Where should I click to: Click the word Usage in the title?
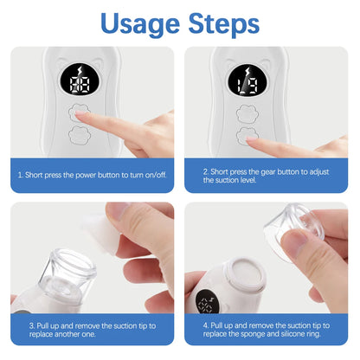pyautogui.click(x=138, y=22)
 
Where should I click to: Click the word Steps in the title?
pyautogui.click(x=228, y=22)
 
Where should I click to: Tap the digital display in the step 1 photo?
pyautogui.click(x=83, y=83)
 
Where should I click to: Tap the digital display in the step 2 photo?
pyautogui.click(x=247, y=83)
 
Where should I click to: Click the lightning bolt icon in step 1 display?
pyautogui.click(x=83, y=71)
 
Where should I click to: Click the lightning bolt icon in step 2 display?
pyautogui.click(x=247, y=71)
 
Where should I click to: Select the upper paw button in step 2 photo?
pyautogui.click(x=245, y=112)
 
